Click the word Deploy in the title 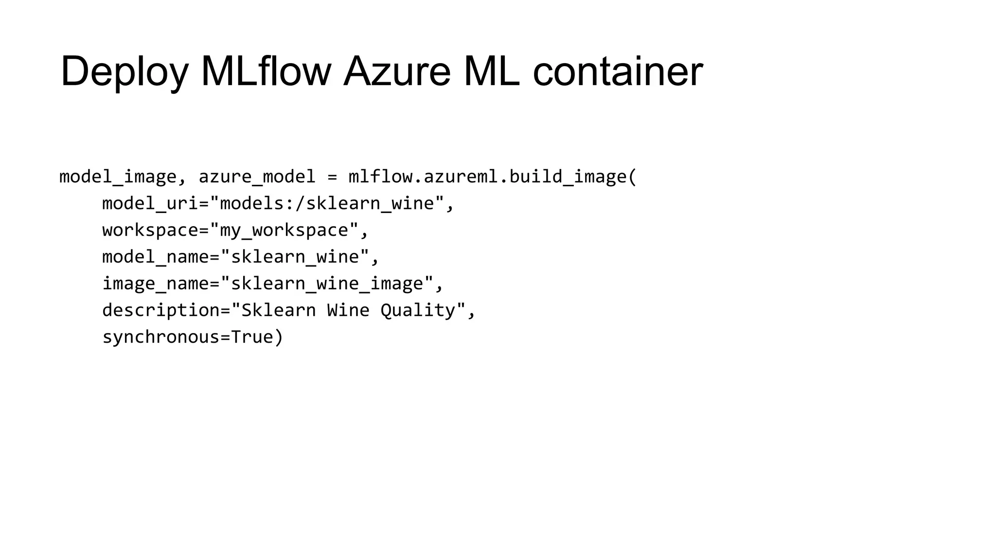click(124, 72)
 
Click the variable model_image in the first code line click(118, 176)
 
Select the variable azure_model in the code click(257, 176)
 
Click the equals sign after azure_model click(332, 176)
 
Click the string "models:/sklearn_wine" click(327, 203)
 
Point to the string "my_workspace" click(285, 230)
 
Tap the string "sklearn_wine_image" click(327, 283)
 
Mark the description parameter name click(161, 310)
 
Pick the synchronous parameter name click(161, 337)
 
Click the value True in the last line click(252, 337)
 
